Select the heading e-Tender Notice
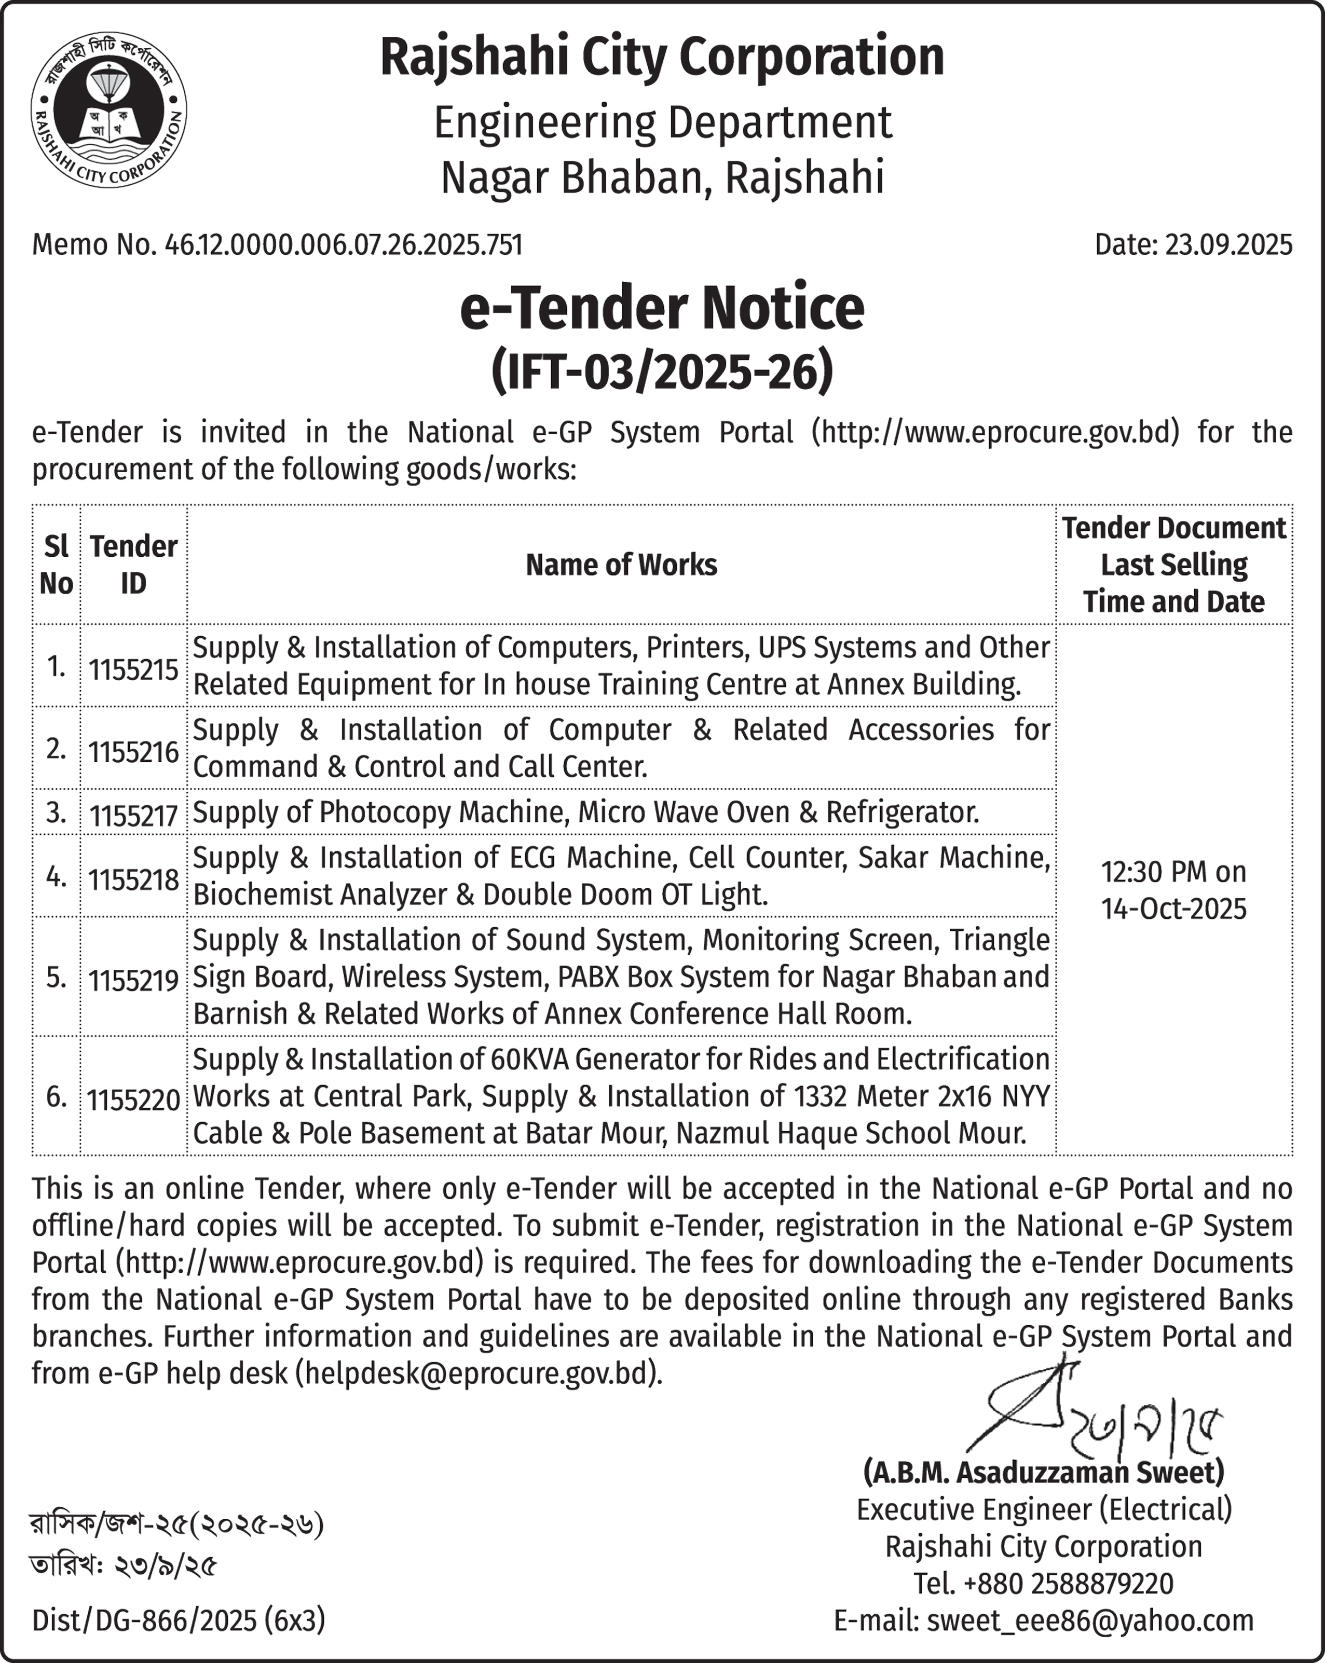pos(662,309)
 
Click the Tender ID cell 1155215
pos(133,669)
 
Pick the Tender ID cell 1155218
pos(133,879)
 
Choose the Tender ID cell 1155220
pos(133,1100)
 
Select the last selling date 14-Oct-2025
pos(1173,910)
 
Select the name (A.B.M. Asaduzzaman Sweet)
pos(1043,1473)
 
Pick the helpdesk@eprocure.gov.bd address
pos(479,1374)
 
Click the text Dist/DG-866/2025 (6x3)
pos(178,1620)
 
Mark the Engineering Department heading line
pos(662,122)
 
